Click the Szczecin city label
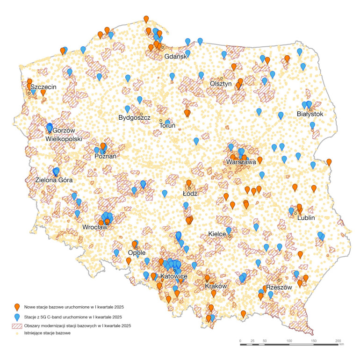43,87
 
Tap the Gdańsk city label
176,57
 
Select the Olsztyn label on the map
221,84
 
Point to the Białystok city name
310,114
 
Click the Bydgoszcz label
135,118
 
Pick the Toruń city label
167,125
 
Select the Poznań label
105,157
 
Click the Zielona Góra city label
54,179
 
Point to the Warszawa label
241,162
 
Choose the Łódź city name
191,193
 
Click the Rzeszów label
279,287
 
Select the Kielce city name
217,233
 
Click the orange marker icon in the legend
17,307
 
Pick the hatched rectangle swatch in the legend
17,325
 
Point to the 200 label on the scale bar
338,341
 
